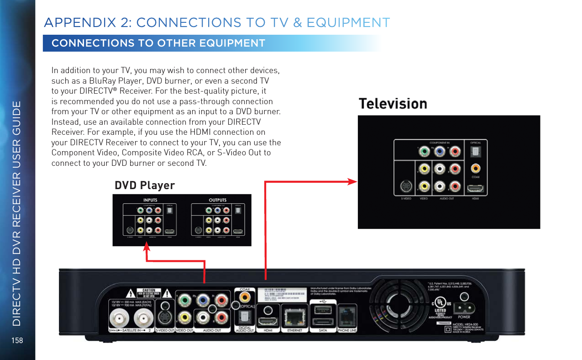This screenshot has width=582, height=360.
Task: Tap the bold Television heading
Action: tap(393, 104)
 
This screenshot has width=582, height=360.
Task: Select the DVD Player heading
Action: tap(144, 185)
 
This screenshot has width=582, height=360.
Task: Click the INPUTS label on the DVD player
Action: tap(151, 200)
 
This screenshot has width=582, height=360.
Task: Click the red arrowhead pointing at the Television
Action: tap(352, 182)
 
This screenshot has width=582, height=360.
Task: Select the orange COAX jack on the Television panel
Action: tap(475, 169)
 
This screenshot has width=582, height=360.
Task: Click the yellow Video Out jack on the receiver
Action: tap(184, 316)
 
